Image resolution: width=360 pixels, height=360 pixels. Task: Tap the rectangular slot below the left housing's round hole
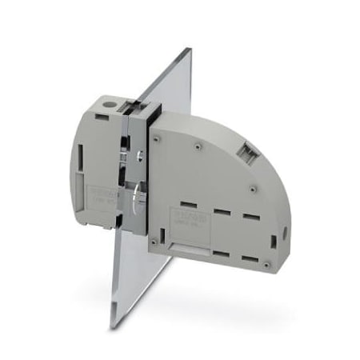tap(101, 117)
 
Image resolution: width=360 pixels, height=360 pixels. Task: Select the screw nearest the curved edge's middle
tap(253, 189)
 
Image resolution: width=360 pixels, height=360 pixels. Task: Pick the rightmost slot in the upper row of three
tap(250, 218)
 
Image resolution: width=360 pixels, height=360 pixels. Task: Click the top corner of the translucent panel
tap(190, 50)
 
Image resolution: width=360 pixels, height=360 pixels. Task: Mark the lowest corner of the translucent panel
tap(113, 326)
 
